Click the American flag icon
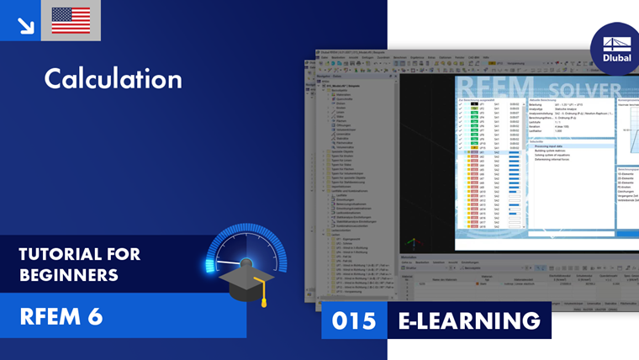coord(71,20)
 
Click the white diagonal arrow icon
coord(25,25)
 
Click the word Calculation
coord(113,79)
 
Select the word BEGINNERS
coord(69,274)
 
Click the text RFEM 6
coord(61,315)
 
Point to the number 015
coord(353,320)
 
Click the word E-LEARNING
coord(468,320)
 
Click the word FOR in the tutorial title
coord(126,254)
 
